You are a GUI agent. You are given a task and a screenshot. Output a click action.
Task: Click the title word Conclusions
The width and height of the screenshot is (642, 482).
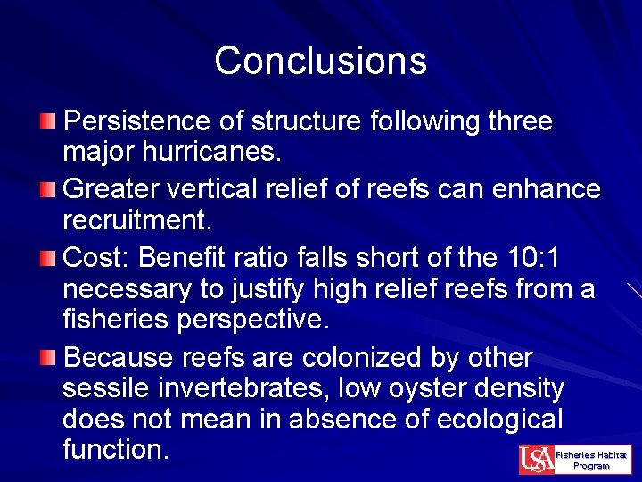(x=320, y=61)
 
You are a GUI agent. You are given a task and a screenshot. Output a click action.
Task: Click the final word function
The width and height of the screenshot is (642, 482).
(x=116, y=449)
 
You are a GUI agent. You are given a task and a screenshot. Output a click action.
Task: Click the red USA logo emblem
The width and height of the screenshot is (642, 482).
(x=536, y=460)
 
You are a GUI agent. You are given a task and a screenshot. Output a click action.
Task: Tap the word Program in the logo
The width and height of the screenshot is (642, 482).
(x=591, y=466)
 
